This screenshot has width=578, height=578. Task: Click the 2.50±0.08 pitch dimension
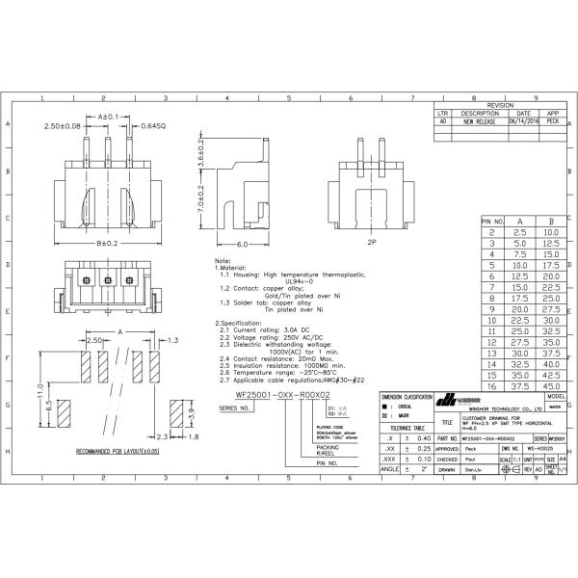[63, 126]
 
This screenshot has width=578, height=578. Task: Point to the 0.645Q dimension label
[153, 126]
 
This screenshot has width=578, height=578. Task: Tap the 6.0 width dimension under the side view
[243, 245]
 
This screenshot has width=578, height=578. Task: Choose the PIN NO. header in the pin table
[494, 222]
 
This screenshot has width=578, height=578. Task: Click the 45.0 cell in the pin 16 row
[551, 386]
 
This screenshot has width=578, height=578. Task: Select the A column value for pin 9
[519, 308]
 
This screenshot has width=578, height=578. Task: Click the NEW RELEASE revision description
[479, 122]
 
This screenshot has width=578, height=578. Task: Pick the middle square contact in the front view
[106, 279]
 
